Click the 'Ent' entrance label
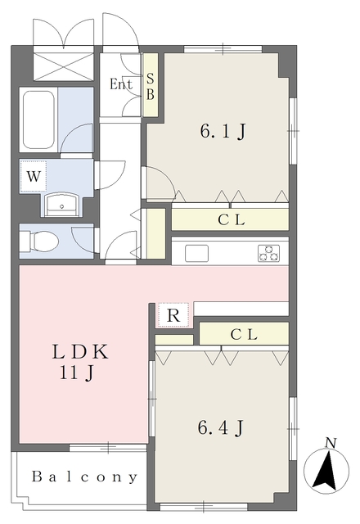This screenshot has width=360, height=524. click(x=121, y=84)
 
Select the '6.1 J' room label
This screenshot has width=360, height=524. click(x=223, y=131)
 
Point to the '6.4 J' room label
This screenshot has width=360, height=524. click(x=221, y=427)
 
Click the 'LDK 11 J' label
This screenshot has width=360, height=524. click(x=80, y=363)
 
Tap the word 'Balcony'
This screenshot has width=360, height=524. click(x=84, y=477)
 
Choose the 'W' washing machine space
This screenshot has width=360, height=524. click(x=33, y=176)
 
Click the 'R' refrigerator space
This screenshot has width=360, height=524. click(x=173, y=315)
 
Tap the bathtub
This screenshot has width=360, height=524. click(x=38, y=120)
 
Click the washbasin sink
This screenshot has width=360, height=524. click(x=62, y=205)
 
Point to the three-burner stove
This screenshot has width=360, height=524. click(x=268, y=253)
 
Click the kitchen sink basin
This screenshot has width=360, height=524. click(x=197, y=253)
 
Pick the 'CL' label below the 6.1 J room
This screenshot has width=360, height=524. click(x=232, y=220)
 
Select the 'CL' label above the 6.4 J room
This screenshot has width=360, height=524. click(x=244, y=334)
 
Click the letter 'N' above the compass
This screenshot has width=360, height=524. click(x=331, y=443)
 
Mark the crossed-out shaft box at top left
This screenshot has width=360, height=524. click(x=64, y=63)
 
